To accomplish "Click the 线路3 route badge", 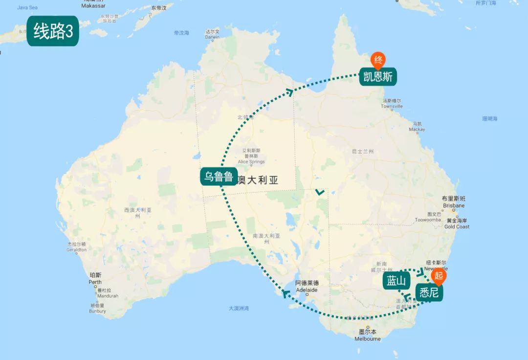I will (53, 32).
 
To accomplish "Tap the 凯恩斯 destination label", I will (378, 77).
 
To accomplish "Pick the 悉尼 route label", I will (430, 292).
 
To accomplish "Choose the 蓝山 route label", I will (396, 281).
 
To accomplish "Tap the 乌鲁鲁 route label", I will (218, 176).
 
